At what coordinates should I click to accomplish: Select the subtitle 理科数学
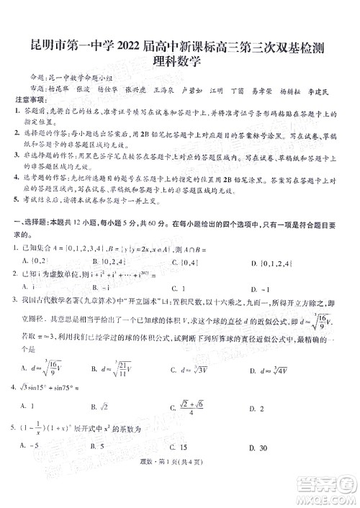coord(179,62)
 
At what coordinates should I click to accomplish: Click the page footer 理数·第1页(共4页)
coord(179,491)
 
